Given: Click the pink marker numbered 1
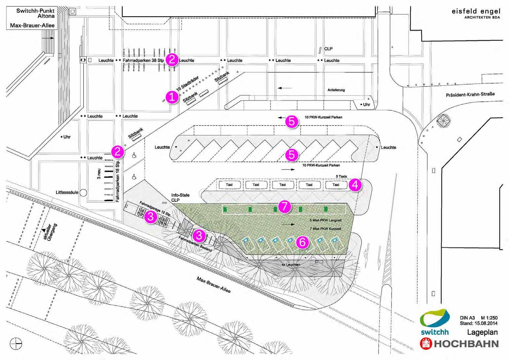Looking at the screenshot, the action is [x=172, y=97].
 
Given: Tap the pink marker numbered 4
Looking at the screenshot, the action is [x=355, y=185].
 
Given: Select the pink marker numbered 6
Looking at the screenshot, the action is [x=303, y=242].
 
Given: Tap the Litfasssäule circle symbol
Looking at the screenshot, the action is [x=83, y=192].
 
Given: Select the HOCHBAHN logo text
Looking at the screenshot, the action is [x=466, y=343].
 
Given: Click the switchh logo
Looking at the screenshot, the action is [x=435, y=322].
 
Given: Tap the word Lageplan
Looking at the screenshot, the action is [x=482, y=332].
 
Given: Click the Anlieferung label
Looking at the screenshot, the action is [x=336, y=90].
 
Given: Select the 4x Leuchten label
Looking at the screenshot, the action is [x=291, y=265].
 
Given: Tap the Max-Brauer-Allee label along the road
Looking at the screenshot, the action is [x=214, y=285].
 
